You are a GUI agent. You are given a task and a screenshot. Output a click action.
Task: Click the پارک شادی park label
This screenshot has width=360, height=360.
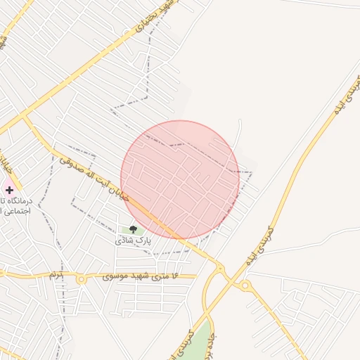(x=134, y=240)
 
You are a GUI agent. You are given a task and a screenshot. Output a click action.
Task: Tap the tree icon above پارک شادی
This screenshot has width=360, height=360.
(x=133, y=230)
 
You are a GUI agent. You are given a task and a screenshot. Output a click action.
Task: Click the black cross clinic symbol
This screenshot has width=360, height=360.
(x=9, y=190)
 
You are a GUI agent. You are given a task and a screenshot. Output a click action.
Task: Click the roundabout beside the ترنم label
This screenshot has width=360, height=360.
(x=82, y=279)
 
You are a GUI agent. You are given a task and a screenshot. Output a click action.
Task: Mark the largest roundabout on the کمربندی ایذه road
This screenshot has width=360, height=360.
(x=245, y=285)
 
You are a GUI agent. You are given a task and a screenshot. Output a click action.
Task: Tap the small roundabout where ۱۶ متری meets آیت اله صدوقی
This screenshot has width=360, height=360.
(x=219, y=268)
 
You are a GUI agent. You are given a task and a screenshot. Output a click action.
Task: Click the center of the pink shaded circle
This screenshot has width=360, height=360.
(x=181, y=180)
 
